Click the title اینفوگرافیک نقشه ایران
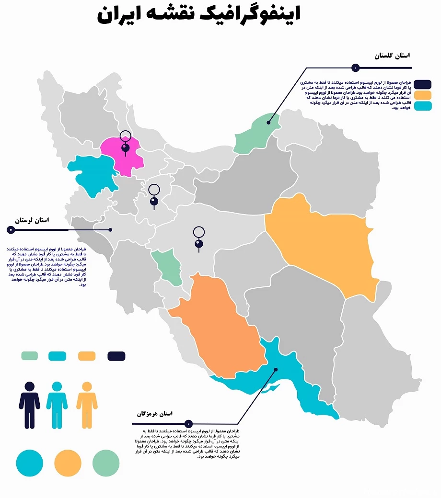tap(198, 15)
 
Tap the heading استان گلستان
tap(392, 56)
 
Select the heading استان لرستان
tap(32, 220)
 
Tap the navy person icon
tap(30, 405)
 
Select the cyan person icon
tap(57, 405)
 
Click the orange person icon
tap(87, 405)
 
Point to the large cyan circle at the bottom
tap(30, 463)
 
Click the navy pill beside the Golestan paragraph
tap(423, 84)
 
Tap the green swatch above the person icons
tap(30, 356)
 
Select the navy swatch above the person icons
tap(116, 356)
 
